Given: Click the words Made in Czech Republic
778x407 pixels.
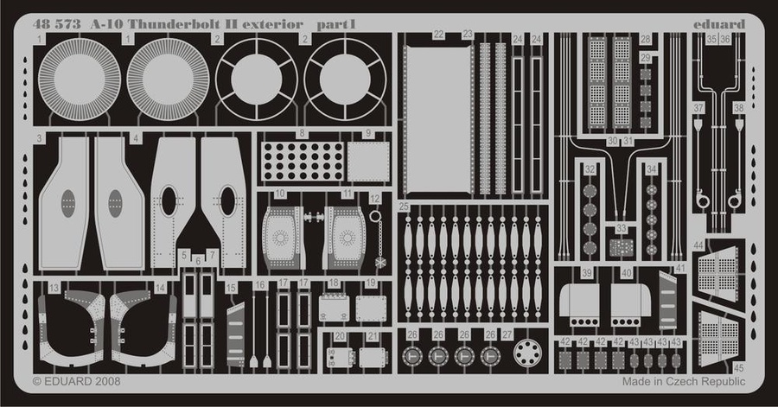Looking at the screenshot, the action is point(683,381).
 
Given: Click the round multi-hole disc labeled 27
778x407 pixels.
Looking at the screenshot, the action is point(526,353).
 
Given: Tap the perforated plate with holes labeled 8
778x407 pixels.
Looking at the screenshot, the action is point(303,162).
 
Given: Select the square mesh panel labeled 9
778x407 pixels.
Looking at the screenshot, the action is point(368,162).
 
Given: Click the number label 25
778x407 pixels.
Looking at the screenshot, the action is point(404,207).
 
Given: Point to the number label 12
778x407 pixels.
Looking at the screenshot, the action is point(374,199).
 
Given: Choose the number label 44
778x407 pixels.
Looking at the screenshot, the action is point(698,246).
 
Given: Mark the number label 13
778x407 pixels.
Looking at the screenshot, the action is point(54,287).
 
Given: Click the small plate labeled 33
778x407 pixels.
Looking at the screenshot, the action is point(622,248).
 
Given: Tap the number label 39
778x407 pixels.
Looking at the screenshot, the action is point(587,273).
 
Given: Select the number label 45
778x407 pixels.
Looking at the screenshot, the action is point(738,366).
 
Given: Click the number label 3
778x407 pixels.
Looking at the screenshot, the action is point(40,138).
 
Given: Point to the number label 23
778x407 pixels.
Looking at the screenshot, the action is point(468,35).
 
